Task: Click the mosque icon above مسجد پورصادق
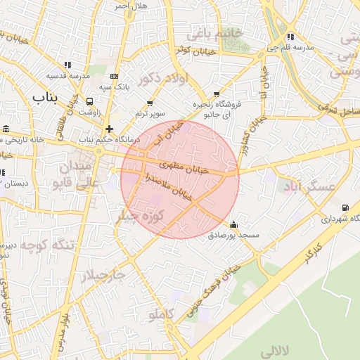[233, 225]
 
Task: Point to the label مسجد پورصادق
[234, 236]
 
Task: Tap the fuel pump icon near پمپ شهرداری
[345, 207]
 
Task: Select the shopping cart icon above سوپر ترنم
[149, 103]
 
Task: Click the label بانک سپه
[115, 86]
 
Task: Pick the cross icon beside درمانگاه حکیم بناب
[108, 129]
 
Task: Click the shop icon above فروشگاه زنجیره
[216, 94]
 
